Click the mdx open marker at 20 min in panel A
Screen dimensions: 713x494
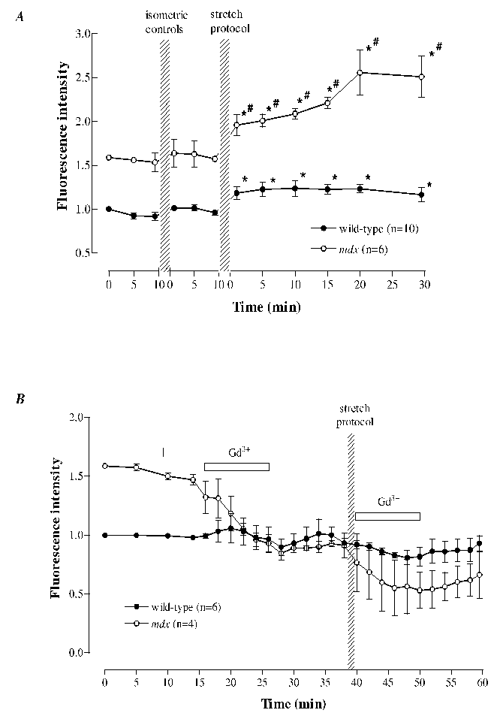[x=360, y=73]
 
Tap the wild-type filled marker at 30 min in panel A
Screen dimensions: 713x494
[x=421, y=195]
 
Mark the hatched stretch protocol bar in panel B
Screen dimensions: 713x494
[x=351, y=556]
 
